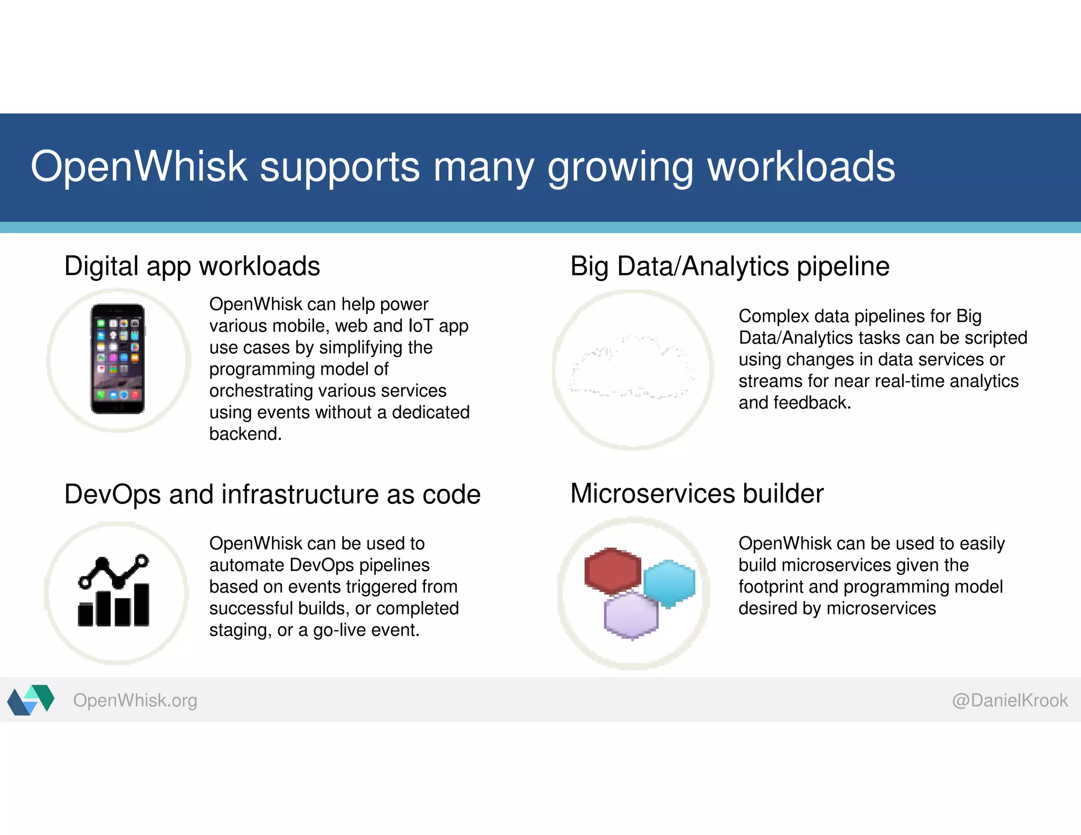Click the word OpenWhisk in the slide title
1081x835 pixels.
click(139, 167)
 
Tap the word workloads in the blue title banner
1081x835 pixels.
click(801, 167)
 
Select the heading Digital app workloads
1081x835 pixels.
click(192, 266)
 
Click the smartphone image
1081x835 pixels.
click(118, 359)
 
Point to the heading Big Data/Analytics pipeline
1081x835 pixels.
click(729, 266)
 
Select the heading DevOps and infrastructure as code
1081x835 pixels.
click(272, 495)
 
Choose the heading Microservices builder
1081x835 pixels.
click(697, 494)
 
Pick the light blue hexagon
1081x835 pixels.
click(669, 583)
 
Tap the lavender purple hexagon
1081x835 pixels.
click(631, 615)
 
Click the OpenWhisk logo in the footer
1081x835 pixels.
click(31, 700)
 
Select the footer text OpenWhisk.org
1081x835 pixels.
click(135, 700)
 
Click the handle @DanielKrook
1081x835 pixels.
click(1009, 700)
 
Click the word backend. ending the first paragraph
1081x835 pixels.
click(245, 434)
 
